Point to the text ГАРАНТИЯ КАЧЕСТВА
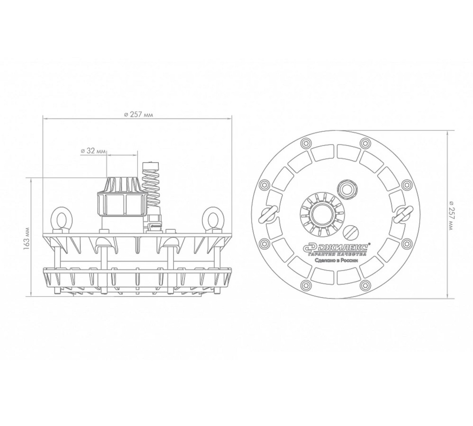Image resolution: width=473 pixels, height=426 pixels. (x=337, y=254)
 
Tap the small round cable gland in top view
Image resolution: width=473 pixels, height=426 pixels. (x=348, y=189)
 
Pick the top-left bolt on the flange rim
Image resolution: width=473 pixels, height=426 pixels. (x=305, y=143)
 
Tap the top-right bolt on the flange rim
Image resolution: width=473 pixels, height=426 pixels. (x=365, y=143)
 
